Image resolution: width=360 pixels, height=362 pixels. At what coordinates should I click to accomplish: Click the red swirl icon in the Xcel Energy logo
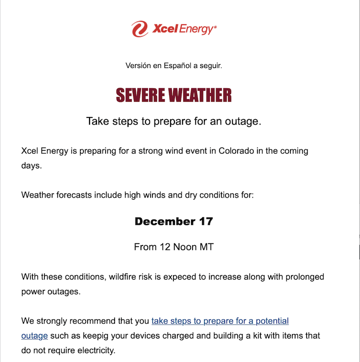pos(140,29)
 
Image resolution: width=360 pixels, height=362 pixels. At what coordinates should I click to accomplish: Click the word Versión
pos(137,65)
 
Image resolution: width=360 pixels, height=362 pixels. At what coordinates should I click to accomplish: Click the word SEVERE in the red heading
pos(140,95)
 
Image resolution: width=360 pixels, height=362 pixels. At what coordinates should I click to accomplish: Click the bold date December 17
pos(173,221)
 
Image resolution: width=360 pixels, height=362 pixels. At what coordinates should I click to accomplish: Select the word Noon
pos(185,247)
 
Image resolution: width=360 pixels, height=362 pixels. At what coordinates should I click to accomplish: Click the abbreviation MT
pos(206,247)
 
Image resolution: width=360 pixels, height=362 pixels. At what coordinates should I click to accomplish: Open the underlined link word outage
pos(34,335)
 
